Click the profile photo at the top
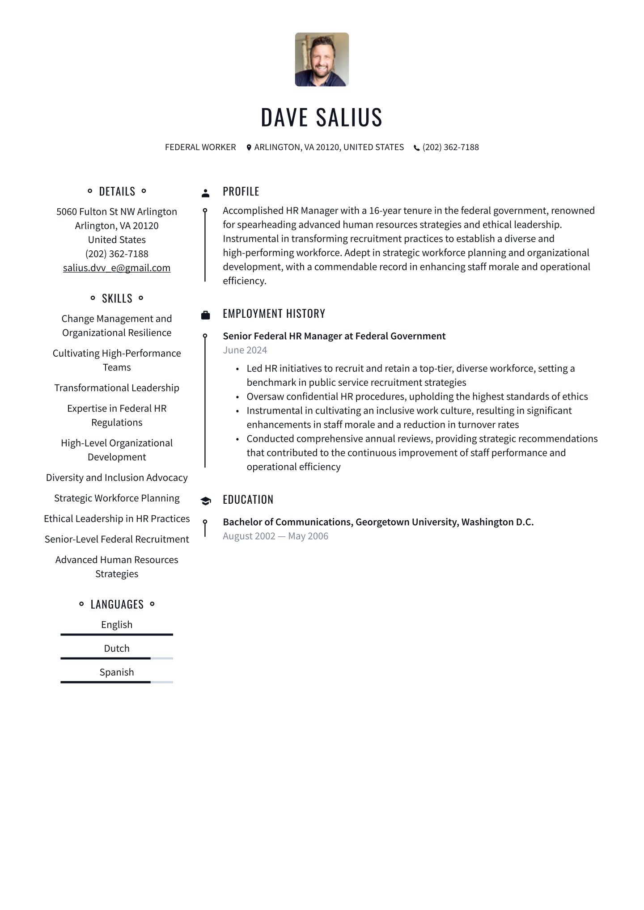click(x=322, y=59)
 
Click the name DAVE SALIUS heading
click(x=322, y=118)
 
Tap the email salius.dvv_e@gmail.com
click(x=117, y=268)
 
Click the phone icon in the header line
click(x=417, y=147)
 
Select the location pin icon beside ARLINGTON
click(x=249, y=147)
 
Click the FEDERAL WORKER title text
click(x=200, y=147)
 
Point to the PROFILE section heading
click(x=241, y=191)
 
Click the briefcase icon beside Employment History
click(x=206, y=315)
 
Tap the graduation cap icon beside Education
click(x=206, y=501)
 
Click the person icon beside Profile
click(x=206, y=193)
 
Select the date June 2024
click(x=245, y=350)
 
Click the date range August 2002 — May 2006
click(x=275, y=536)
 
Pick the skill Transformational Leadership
click(x=117, y=388)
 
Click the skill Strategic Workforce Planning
click(x=117, y=498)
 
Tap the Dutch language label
click(x=117, y=648)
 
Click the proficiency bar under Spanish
click(x=117, y=682)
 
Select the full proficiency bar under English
click(x=117, y=634)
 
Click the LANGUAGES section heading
click(x=117, y=604)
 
